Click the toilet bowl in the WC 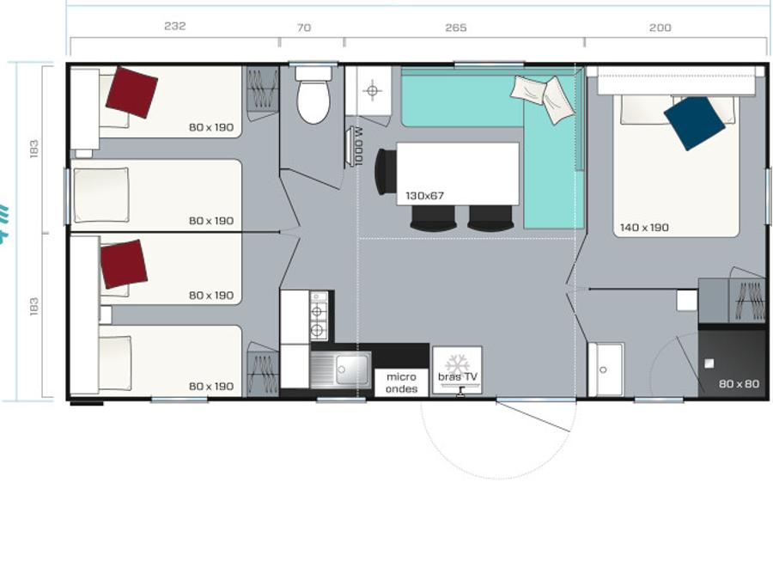tap(313, 95)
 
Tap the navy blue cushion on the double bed tap(694, 123)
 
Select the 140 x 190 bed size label tap(644, 228)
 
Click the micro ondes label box tap(401, 382)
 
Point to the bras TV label tap(458, 377)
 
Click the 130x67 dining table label tap(424, 196)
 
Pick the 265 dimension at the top tap(455, 27)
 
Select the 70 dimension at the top tap(304, 27)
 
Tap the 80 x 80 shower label tap(739, 384)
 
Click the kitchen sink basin tap(353, 369)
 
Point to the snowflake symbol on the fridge tap(457, 364)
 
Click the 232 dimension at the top tap(175, 26)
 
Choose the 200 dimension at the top tap(660, 27)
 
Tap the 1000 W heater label tap(358, 146)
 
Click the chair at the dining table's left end tap(386, 173)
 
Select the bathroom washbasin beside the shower tap(606, 369)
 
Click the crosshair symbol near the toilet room tap(372, 91)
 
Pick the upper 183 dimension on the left tap(33, 150)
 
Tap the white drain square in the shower tap(709, 363)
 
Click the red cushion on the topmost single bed tap(131, 93)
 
